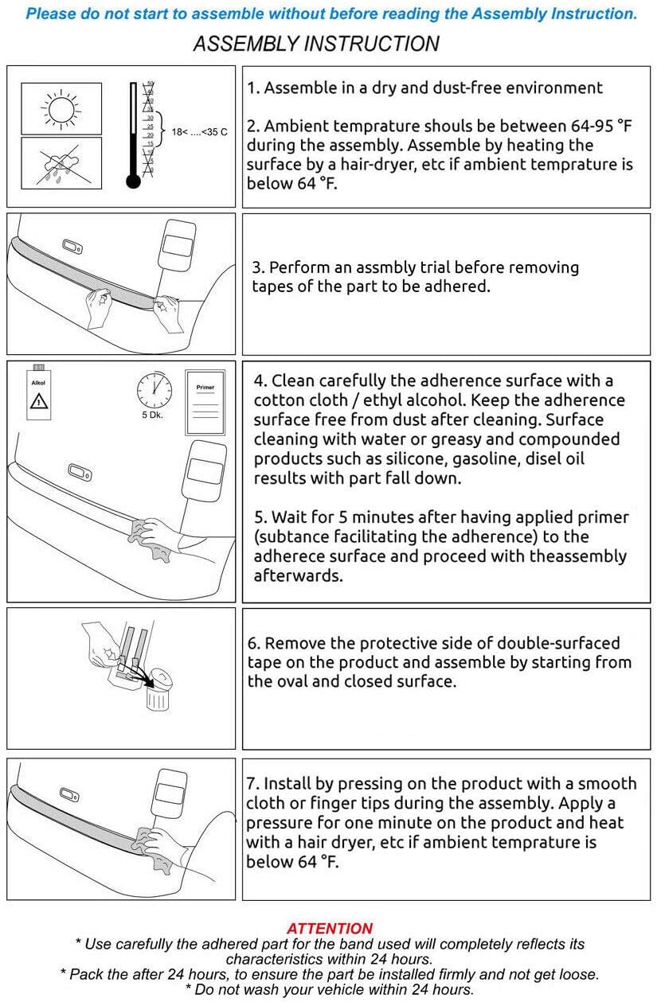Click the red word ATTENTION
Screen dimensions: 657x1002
tap(330, 928)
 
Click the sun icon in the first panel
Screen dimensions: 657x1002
tap(61, 109)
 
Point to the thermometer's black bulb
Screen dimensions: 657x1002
tap(133, 181)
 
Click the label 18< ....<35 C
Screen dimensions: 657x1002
tap(199, 132)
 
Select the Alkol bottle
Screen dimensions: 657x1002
tap(38, 392)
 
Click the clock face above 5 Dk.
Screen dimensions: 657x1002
tap(154, 390)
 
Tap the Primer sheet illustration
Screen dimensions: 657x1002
tap(205, 402)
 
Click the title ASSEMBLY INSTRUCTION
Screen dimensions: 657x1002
tap(316, 44)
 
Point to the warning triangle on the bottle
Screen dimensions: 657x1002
tap(39, 401)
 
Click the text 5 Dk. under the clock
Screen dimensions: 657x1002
tap(153, 415)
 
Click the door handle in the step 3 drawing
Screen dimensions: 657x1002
tap(72, 247)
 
